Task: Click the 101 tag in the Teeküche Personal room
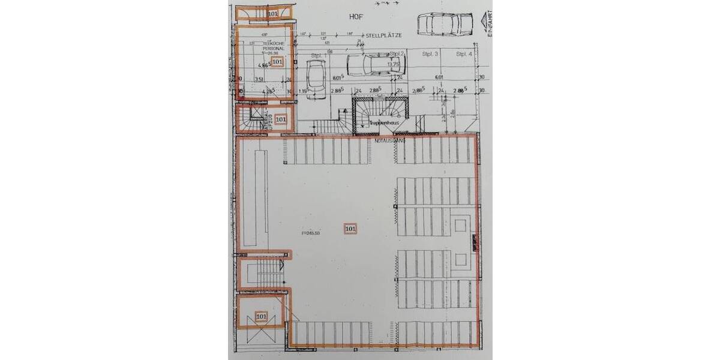(x=277, y=61)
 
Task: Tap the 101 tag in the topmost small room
(x=273, y=13)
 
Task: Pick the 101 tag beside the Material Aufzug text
(x=281, y=119)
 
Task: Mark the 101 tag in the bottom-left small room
(x=262, y=316)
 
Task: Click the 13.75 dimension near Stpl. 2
(x=394, y=64)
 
